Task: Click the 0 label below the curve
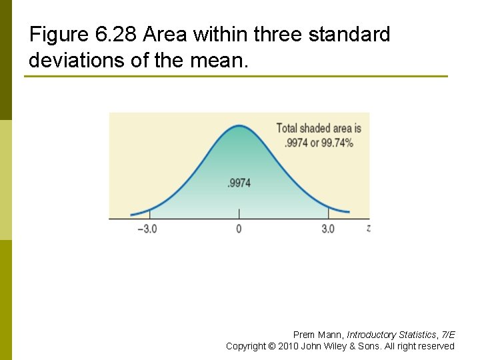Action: click(239, 229)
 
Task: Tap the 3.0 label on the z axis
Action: click(328, 229)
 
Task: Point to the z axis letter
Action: click(369, 228)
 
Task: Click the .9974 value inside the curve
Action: click(239, 183)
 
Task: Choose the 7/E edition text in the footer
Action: click(449, 335)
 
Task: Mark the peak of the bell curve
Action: click(239, 125)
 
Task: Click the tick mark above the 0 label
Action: click(239, 213)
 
